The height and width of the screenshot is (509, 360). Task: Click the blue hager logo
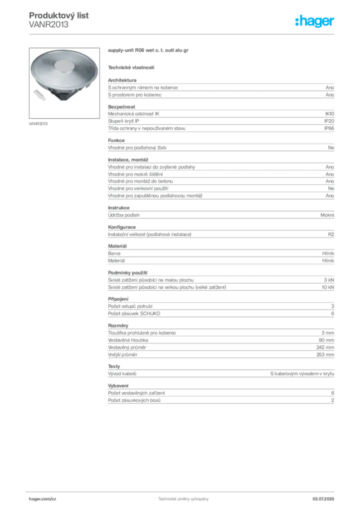pyautogui.click(x=316, y=21)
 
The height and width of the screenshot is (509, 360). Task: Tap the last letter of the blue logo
pyautogui.click(x=334, y=22)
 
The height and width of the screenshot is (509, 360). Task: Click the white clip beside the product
pyautogui.click(x=40, y=93)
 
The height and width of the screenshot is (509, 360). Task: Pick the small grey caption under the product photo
pyautogui.click(x=39, y=123)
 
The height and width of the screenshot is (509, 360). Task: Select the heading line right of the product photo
pyautogui.click(x=149, y=51)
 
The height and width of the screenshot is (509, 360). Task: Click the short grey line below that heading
pyautogui.click(x=131, y=67)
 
